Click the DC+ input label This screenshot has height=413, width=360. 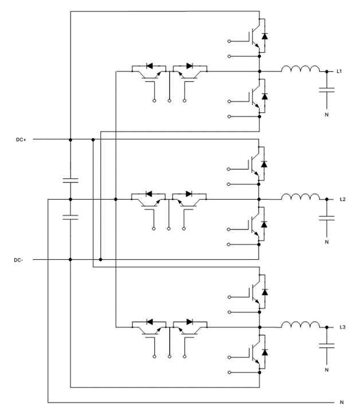[21, 139]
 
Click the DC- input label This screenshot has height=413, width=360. [18, 260]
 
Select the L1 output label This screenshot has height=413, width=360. [339, 71]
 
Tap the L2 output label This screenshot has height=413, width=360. [342, 200]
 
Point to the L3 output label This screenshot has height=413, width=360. [342, 327]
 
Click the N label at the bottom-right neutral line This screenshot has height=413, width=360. [342, 402]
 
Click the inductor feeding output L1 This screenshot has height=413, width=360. [300, 69]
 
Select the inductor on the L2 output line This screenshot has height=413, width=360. [300, 197]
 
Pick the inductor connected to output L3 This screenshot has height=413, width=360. [300, 325]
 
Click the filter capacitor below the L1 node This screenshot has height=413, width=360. [327, 90]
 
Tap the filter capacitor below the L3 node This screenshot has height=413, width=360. [327, 346]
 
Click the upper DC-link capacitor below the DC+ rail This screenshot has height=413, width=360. [71, 181]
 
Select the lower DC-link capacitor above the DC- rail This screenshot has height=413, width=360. [71, 217]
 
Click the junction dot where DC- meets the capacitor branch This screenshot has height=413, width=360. [71, 259]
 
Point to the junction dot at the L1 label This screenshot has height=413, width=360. [327, 71]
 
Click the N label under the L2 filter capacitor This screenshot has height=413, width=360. [327, 242]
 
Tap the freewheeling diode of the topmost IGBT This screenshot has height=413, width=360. [265, 36]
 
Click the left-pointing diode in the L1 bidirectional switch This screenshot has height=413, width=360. [149, 66]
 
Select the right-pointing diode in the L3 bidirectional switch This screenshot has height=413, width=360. [190, 322]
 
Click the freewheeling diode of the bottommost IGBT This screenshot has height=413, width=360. [265, 352]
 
